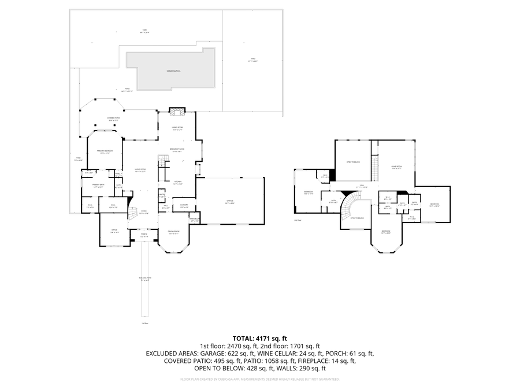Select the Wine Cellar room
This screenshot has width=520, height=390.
pyautogui.click(x=195, y=219)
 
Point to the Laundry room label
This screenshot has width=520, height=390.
pyautogui.click(x=184, y=205)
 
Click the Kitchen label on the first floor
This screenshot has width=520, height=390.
pyautogui.click(x=178, y=183)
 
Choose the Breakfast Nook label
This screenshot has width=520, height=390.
pyautogui.click(x=177, y=150)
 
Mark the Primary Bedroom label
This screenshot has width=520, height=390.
pyautogui.click(x=105, y=151)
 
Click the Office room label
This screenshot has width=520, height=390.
pyautogui.click(x=114, y=231)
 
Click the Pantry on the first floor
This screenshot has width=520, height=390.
pyautogui.click(x=162, y=195)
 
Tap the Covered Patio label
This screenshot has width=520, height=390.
pyautogui.click(x=113, y=118)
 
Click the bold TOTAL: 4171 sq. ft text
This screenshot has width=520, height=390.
pyautogui.click(x=259, y=338)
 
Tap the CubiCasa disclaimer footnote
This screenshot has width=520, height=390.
pyautogui.click(x=259, y=380)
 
